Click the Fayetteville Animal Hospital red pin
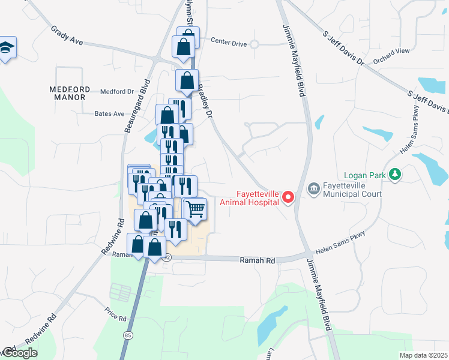pos(288,197)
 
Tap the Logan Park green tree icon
pos(395,175)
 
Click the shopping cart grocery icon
pos(195,209)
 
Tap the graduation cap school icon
pos(6,47)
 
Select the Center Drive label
pos(229,42)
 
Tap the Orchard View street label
pos(391,55)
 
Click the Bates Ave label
pos(109,113)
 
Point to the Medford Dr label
pos(116,92)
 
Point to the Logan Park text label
pos(364,176)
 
